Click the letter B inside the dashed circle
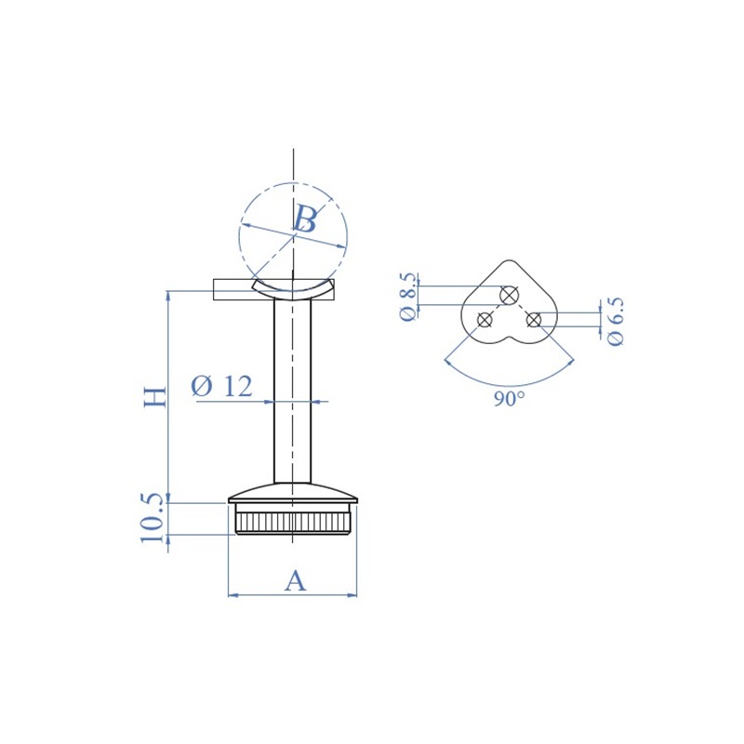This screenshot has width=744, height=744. [305, 219]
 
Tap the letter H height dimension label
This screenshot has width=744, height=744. [155, 397]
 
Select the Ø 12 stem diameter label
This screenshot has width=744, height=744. [221, 386]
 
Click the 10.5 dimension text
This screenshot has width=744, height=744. [153, 518]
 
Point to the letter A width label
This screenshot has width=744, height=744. [295, 580]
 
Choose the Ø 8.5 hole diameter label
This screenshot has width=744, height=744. [408, 297]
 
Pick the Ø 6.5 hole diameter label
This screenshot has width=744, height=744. [615, 322]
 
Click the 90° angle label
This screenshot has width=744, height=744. [509, 399]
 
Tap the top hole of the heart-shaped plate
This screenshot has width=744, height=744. [509, 295]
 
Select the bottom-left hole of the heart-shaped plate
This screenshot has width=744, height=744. [485, 320]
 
